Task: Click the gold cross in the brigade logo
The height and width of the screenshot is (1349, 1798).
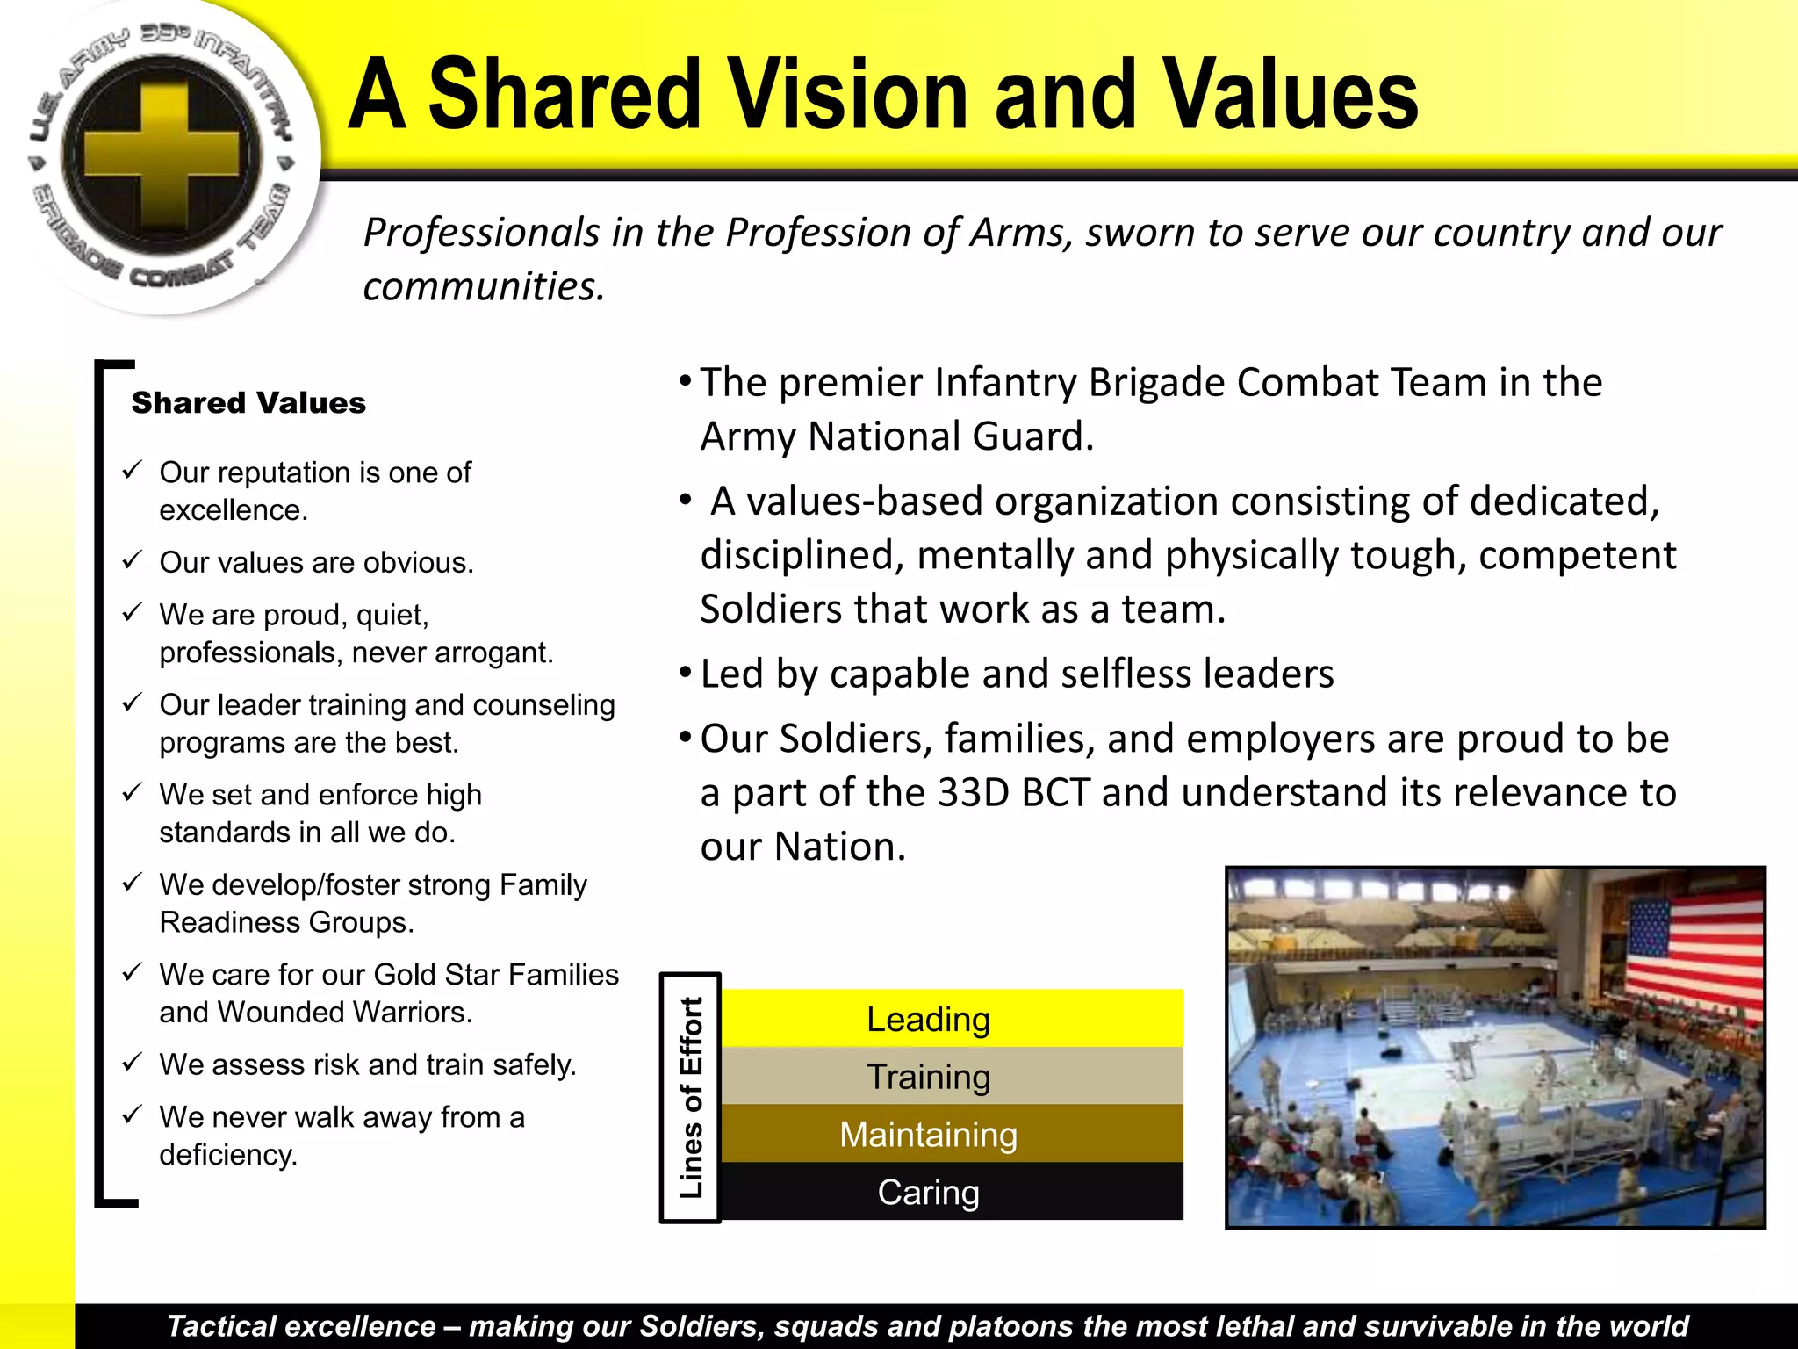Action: tap(162, 154)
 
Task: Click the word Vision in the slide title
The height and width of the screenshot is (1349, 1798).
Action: tap(852, 95)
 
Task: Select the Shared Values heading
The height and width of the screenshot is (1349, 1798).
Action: tap(248, 403)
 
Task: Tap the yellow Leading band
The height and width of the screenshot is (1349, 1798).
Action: tap(929, 1019)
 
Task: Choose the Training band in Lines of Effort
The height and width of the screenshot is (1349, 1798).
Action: tap(929, 1077)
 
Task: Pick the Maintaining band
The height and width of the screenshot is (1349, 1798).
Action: tap(929, 1135)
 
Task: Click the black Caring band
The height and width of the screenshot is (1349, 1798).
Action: tap(929, 1192)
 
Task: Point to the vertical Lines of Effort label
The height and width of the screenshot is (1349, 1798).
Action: tap(691, 1098)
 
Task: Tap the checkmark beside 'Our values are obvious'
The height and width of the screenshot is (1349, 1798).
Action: tap(133, 559)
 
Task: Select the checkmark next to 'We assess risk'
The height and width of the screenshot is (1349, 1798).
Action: tap(133, 1062)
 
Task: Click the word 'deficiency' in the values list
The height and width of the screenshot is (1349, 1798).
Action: tap(227, 1155)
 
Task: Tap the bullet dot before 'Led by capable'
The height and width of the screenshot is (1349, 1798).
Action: tap(686, 674)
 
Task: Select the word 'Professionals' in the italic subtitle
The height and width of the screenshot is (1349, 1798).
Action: tap(481, 233)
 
